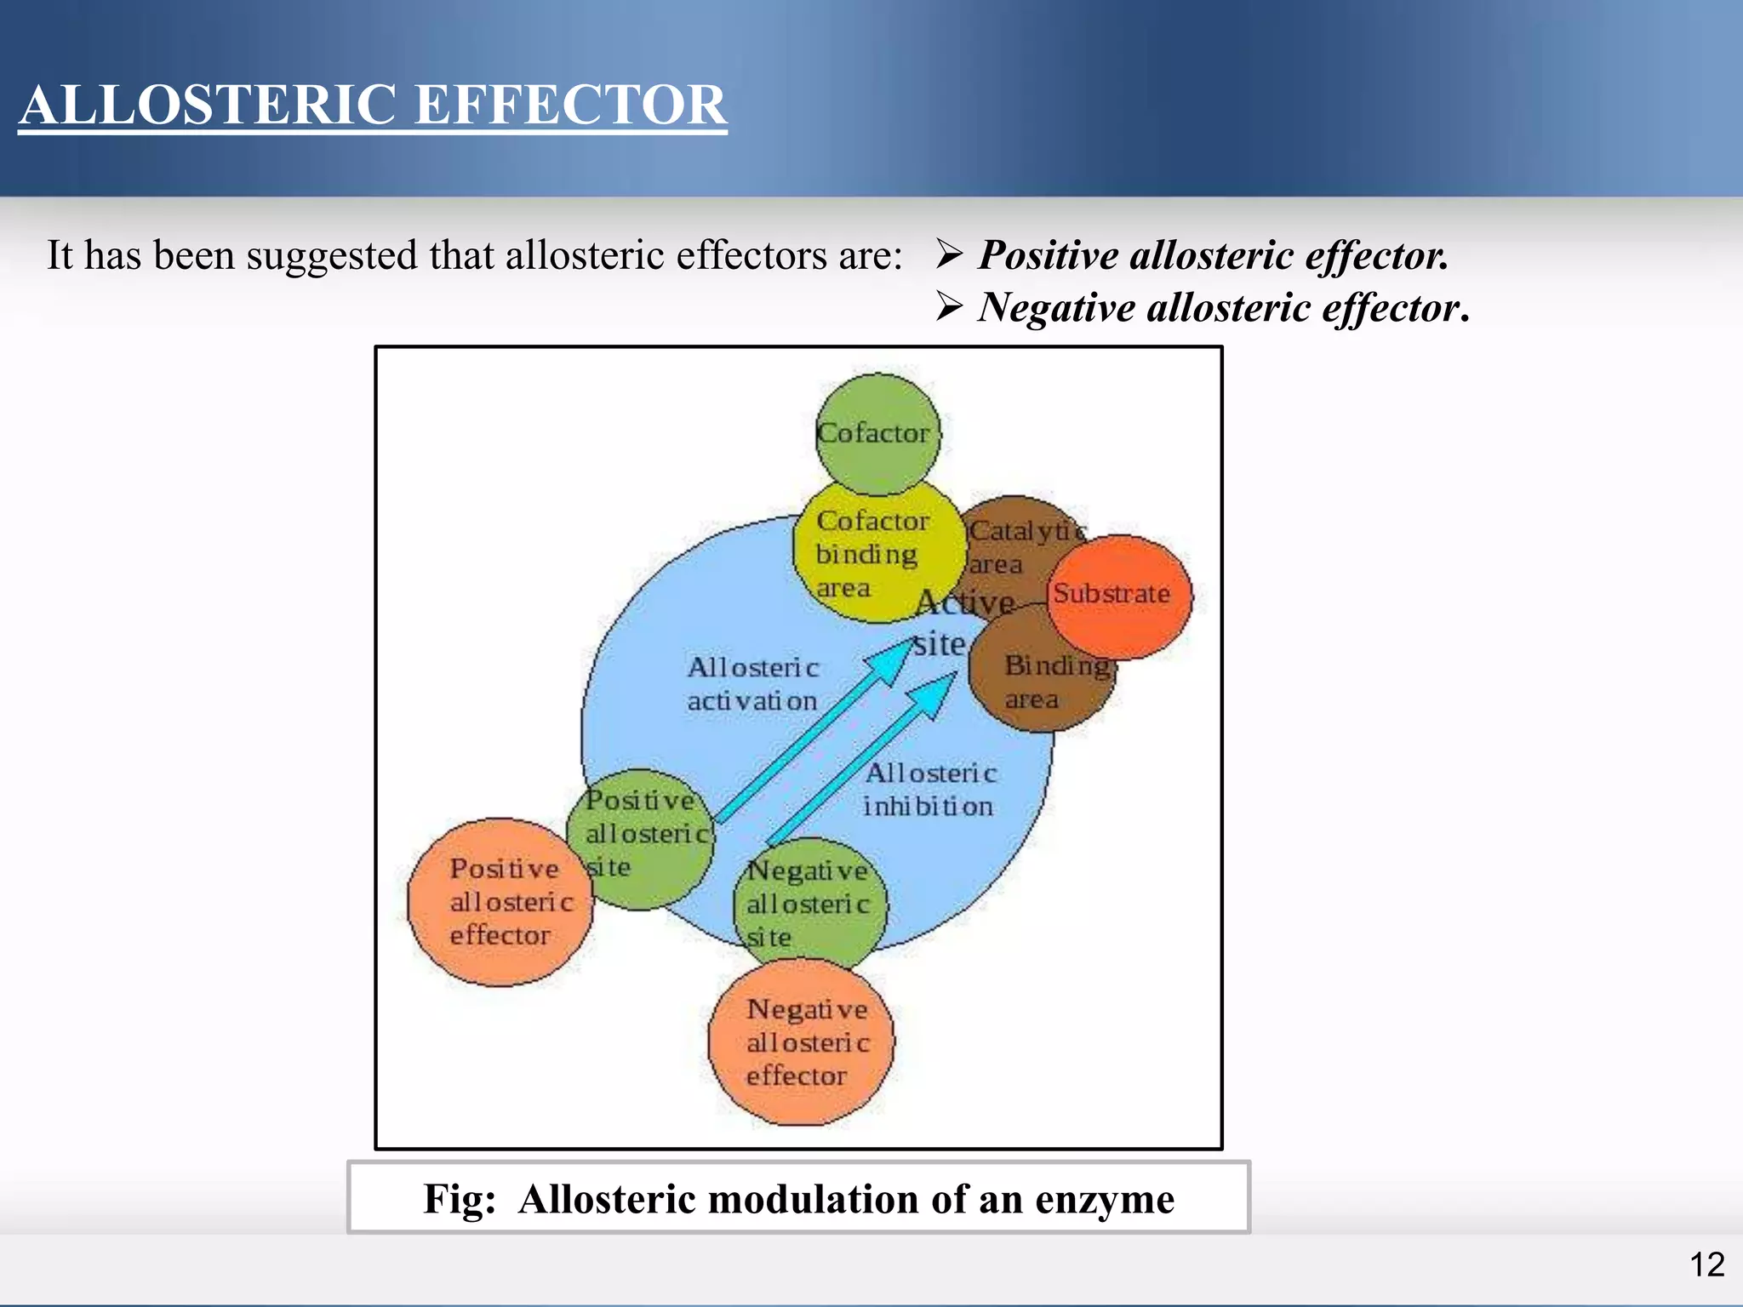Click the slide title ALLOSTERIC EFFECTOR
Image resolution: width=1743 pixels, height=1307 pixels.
(x=373, y=105)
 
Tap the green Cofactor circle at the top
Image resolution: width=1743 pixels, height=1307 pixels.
(x=877, y=434)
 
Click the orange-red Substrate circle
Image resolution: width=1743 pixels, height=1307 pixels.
(x=1117, y=595)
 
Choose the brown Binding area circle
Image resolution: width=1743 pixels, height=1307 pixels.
(x=1043, y=681)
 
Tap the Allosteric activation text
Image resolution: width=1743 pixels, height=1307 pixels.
(x=752, y=684)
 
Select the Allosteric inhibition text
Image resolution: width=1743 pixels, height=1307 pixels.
(x=929, y=790)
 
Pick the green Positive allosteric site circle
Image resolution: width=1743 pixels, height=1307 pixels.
(x=643, y=838)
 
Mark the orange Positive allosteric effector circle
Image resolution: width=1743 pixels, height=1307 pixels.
(x=502, y=902)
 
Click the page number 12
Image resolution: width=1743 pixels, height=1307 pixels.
(x=1706, y=1264)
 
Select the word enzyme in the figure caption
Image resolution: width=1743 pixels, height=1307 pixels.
(x=1104, y=1200)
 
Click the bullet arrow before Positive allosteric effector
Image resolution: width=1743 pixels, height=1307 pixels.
(x=948, y=254)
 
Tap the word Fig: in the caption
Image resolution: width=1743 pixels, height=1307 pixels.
(x=460, y=1200)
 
